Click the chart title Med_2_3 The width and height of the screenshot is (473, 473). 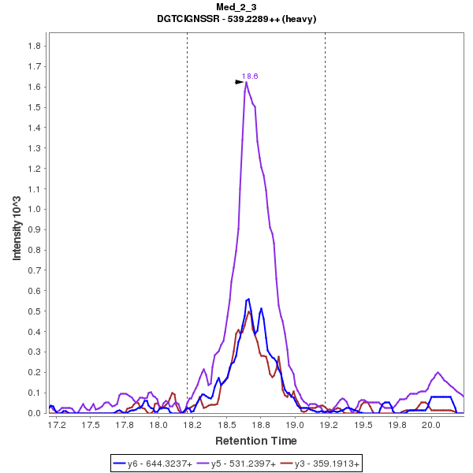[x=236, y=7]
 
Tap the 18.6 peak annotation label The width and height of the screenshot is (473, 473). [x=250, y=76]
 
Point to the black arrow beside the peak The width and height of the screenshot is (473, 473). [x=240, y=81]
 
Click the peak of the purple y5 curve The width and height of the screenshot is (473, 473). [x=246, y=83]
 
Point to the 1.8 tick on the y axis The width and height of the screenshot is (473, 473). [x=34, y=46]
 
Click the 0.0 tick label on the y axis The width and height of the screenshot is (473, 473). [x=34, y=413]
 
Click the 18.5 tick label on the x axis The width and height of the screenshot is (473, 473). [x=227, y=425]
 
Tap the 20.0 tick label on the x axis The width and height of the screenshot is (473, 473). [x=430, y=425]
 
